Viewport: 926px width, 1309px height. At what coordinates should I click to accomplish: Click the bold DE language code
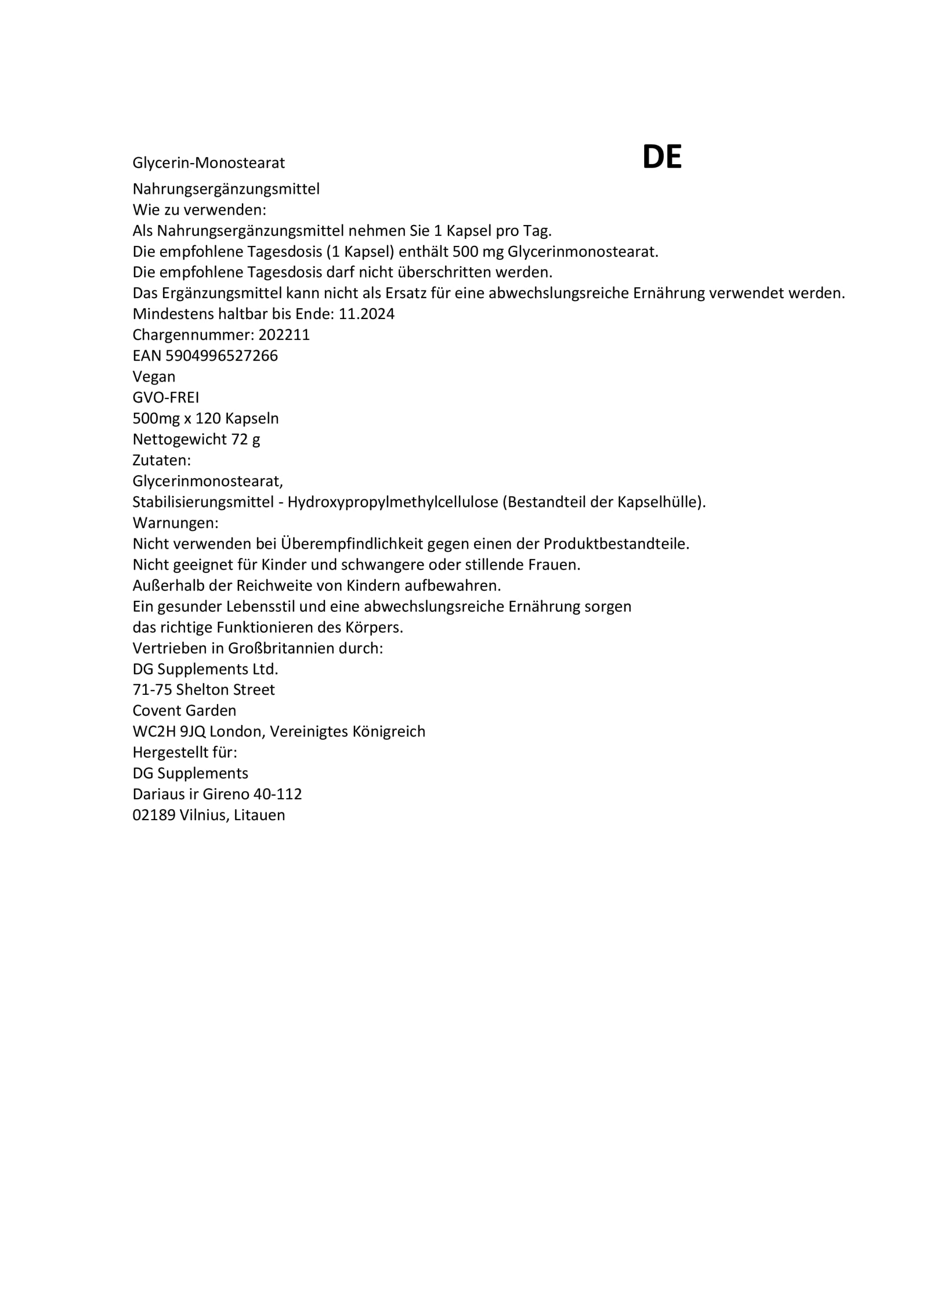pyautogui.click(x=662, y=157)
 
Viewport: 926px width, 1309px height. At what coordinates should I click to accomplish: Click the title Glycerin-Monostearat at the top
pyautogui.click(x=208, y=163)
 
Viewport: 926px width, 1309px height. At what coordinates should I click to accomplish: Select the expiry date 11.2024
pyautogui.click(x=366, y=314)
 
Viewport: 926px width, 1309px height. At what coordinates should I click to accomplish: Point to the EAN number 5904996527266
pyautogui.click(x=221, y=356)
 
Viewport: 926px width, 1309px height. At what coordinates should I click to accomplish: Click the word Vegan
pyautogui.click(x=154, y=377)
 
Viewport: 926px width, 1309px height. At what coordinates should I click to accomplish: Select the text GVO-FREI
pyautogui.click(x=166, y=397)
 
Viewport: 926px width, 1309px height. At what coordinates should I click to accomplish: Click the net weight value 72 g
pyautogui.click(x=246, y=439)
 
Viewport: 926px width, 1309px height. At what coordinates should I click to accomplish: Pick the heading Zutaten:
pyautogui.click(x=162, y=460)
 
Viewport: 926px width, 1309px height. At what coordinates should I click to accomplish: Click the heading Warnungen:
pyautogui.click(x=175, y=523)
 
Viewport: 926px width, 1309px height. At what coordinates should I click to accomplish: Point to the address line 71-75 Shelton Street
pyautogui.click(x=204, y=690)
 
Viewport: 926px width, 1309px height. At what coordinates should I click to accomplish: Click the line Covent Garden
pyautogui.click(x=184, y=711)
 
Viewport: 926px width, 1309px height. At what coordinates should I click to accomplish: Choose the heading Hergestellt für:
pyautogui.click(x=185, y=753)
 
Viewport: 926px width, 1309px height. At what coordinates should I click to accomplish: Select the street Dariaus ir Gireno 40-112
pyautogui.click(x=217, y=794)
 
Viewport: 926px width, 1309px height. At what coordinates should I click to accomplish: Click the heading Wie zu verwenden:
pyautogui.click(x=199, y=210)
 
